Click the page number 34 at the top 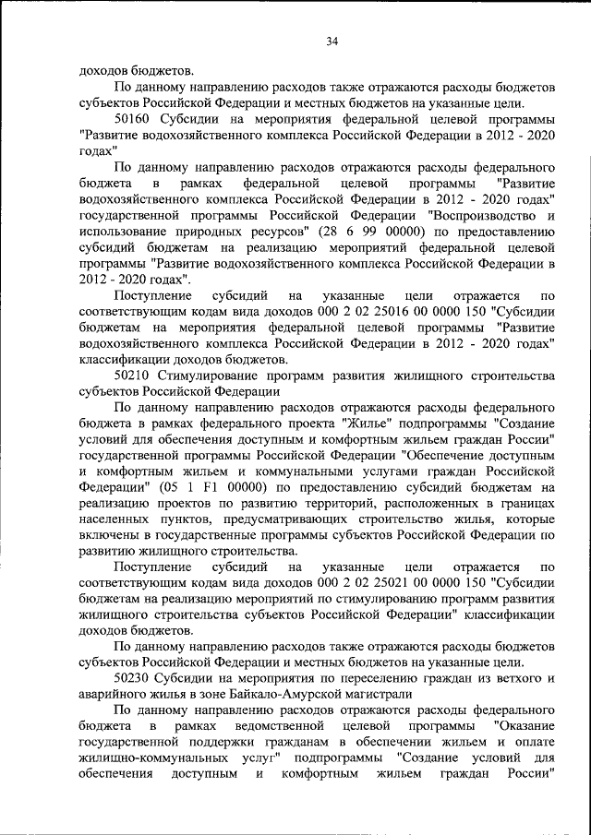point(332,41)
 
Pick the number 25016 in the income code point(361,312)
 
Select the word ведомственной point(284,727)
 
